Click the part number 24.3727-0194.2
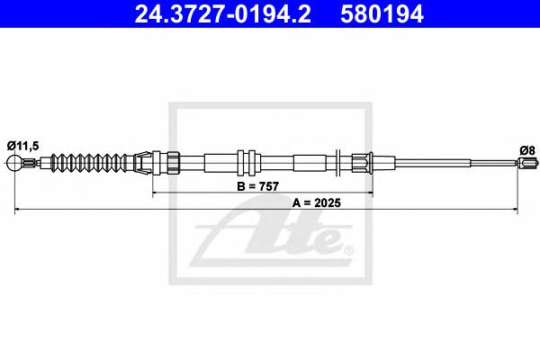click(x=223, y=14)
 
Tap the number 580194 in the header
click(x=382, y=14)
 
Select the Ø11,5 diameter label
click(x=23, y=146)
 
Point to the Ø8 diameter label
click(x=527, y=150)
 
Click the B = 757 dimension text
click(x=257, y=186)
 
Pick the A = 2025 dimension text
click(x=317, y=202)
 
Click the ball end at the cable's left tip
click(x=14, y=162)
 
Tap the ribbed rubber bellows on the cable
click(x=89, y=163)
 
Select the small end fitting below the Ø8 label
click(x=526, y=163)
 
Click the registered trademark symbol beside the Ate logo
click(x=348, y=249)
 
